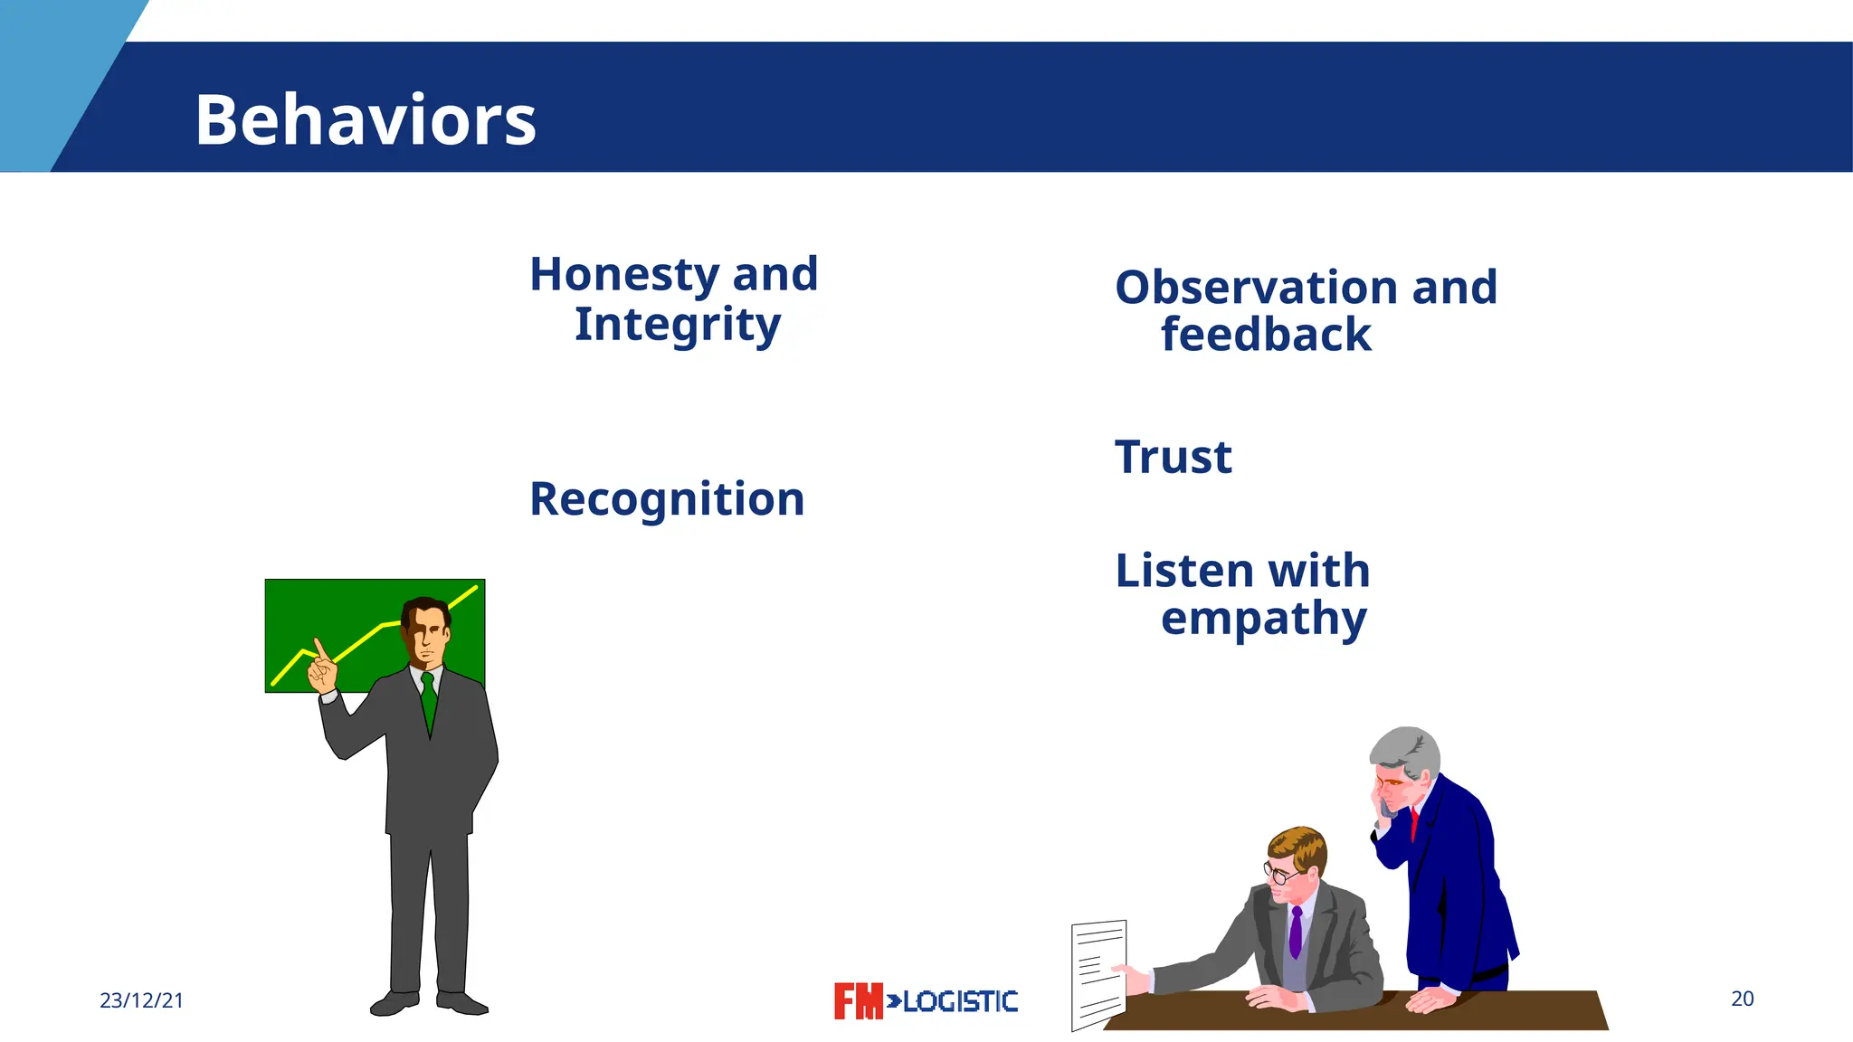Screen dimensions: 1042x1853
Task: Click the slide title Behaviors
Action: point(366,119)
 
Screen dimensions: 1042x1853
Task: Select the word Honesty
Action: point(624,274)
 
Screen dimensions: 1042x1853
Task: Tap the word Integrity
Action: point(677,325)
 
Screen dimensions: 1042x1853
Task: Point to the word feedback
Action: point(1266,335)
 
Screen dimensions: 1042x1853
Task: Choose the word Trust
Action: point(1173,457)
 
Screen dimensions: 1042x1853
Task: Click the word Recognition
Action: point(667,499)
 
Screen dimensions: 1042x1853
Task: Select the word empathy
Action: point(1263,620)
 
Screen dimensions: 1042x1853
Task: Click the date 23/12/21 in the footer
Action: point(141,1000)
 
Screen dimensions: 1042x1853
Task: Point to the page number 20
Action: point(1742,999)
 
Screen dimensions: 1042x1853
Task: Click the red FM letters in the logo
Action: point(858,1001)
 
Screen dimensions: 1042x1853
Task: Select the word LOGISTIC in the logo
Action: point(961,1001)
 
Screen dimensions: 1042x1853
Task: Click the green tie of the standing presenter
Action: point(429,699)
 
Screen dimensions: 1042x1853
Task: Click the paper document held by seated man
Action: point(1098,975)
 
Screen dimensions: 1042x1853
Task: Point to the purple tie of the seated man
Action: point(1296,932)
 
